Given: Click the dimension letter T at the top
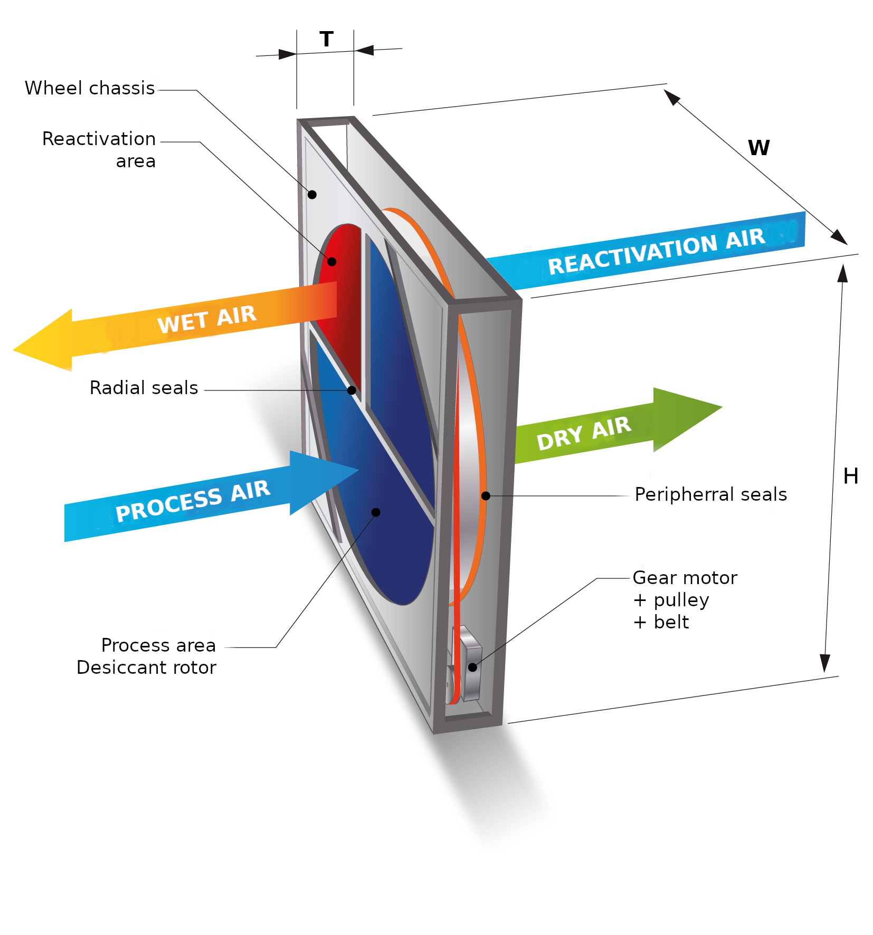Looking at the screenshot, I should [x=326, y=40].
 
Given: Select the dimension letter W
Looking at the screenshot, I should [x=758, y=148].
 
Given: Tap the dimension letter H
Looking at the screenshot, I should [x=850, y=476].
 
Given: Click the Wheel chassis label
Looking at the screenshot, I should [x=90, y=88].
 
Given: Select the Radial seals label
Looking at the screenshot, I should [x=144, y=388].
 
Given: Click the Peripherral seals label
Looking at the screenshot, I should [x=710, y=494].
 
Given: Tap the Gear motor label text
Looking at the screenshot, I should [x=685, y=578].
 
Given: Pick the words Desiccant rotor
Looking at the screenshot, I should [x=146, y=667].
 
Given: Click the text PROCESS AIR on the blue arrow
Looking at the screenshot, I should [x=193, y=501].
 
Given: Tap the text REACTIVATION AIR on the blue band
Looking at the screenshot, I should [x=656, y=251].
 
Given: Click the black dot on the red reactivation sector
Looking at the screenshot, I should [x=332, y=261].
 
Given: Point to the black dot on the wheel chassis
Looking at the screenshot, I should [x=312, y=195].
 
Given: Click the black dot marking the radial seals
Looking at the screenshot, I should [x=352, y=390].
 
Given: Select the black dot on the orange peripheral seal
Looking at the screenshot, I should [x=486, y=496].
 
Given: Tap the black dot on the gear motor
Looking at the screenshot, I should [x=472, y=667].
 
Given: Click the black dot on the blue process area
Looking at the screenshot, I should [x=376, y=512].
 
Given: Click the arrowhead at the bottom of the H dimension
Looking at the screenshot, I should [x=825, y=663].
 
